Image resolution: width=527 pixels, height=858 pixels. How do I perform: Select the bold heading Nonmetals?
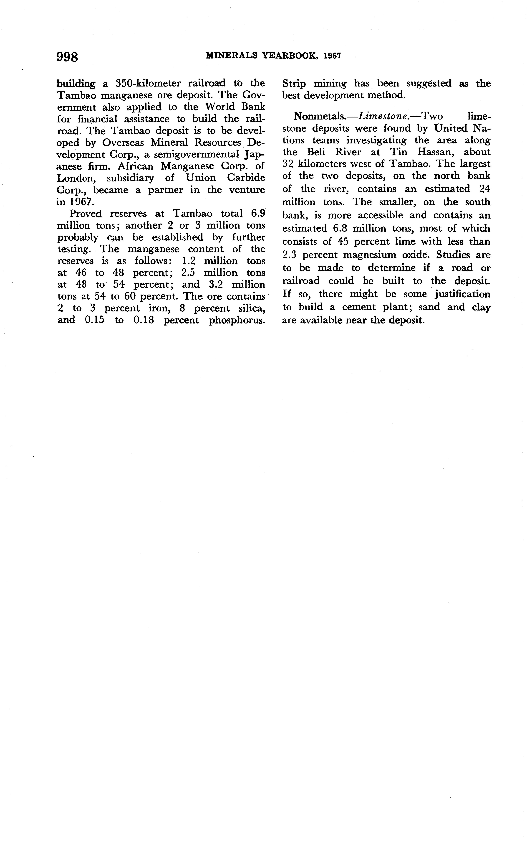(320, 116)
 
